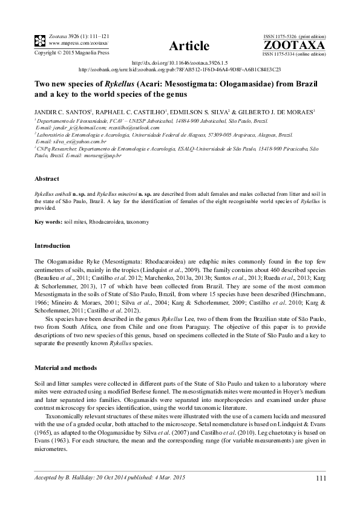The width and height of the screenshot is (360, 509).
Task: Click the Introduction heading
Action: tap(53, 246)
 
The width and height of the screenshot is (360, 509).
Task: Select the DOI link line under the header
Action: tap(180, 62)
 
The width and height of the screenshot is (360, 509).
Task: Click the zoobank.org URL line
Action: tap(180, 69)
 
